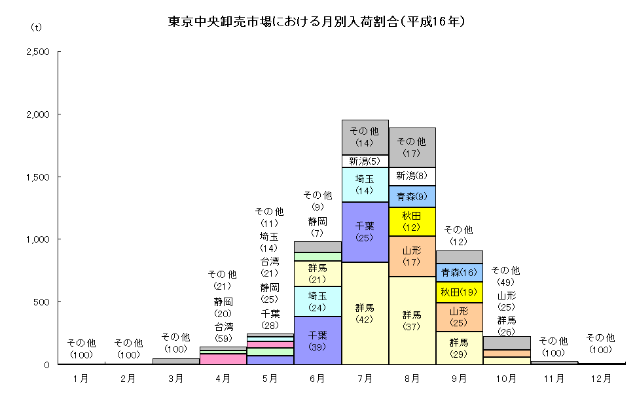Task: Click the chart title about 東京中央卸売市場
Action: tap(316, 22)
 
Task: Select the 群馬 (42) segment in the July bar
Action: tap(365, 313)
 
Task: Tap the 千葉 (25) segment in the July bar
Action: tap(365, 232)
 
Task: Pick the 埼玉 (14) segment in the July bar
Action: tap(365, 184)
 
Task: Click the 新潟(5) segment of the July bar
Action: tap(365, 161)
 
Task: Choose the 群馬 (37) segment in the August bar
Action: tap(412, 320)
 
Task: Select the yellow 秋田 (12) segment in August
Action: tap(412, 221)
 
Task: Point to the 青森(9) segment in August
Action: tap(412, 196)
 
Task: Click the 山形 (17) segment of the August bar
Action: tap(412, 256)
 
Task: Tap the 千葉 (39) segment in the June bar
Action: tap(318, 340)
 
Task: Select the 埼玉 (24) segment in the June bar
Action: tap(318, 301)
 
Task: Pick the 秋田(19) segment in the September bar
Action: tap(459, 292)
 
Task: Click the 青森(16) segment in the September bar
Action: tap(459, 272)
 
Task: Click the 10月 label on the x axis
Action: tap(506, 378)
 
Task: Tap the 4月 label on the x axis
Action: tap(223, 378)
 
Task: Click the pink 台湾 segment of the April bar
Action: tap(223, 358)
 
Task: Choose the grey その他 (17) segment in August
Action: tap(412, 147)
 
